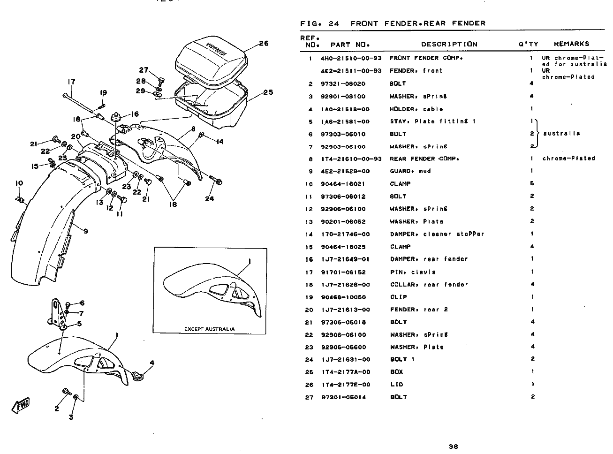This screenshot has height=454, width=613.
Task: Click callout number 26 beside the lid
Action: pos(264,44)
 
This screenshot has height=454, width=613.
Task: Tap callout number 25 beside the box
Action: pos(268,92)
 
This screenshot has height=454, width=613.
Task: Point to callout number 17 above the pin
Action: pos(71,82)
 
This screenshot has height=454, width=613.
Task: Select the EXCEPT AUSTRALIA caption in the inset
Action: pos(209,329)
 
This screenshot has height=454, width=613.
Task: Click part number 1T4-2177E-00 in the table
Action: pos(345,385)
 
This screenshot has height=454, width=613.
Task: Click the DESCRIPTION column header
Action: pos(449,44)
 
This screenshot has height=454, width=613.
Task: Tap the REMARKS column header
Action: pos(571,44)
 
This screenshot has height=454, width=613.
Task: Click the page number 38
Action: pos(453,446)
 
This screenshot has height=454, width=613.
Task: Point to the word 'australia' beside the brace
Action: pos(561,134)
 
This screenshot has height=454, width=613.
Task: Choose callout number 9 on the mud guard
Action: pos(86,230)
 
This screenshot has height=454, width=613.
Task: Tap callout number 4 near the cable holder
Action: pos(151,363)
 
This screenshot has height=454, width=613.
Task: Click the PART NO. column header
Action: pos(350,45)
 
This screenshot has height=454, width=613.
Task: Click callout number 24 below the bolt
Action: pos(209,198)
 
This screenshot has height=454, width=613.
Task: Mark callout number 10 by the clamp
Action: pos(19,183)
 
